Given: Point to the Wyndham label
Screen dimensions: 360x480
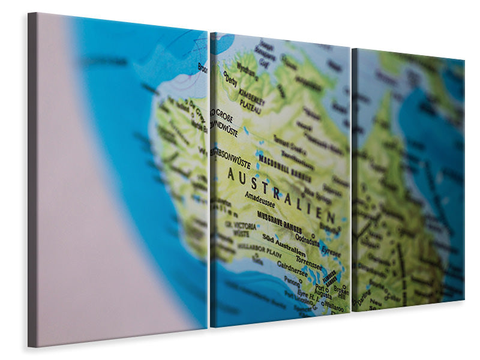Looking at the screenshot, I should [246, 68].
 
